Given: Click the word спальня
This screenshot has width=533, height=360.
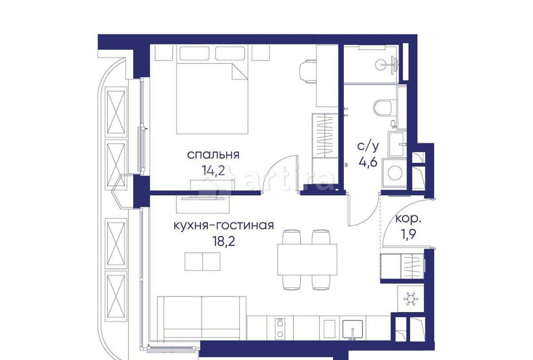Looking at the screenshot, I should (x=213, y=155).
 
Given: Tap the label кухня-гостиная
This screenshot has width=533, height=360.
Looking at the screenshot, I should (x=224, y=225).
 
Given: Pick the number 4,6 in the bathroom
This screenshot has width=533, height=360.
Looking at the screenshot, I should (x=367, y=162).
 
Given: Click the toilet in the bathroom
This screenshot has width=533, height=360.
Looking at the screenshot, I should (x=383, y=107).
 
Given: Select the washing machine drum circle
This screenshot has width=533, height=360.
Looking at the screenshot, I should (x=395, y=173).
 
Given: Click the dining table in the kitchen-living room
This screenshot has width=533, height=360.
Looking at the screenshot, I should (x=307, y=260).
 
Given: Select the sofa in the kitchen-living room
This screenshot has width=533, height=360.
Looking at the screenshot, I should (x=202, y=318).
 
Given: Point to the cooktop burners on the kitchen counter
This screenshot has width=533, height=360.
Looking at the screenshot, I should (x=279, y=328).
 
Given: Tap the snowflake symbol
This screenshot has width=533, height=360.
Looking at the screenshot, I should (x=410, y=300).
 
